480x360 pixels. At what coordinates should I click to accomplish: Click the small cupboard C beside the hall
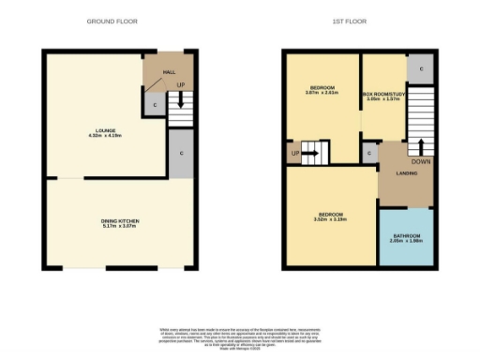(x=154, y=105)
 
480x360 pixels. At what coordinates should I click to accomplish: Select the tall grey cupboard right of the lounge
(x=178, y=153)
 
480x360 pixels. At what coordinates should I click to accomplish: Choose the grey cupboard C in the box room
(x=420, y=68)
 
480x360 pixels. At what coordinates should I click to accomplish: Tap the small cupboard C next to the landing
(x=369, y=152)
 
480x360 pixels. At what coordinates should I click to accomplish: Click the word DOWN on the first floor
(x=421, y=159)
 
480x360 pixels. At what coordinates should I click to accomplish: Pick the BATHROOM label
(x=406, y=235)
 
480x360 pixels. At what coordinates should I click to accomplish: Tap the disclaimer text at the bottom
(x=239, y=336)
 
